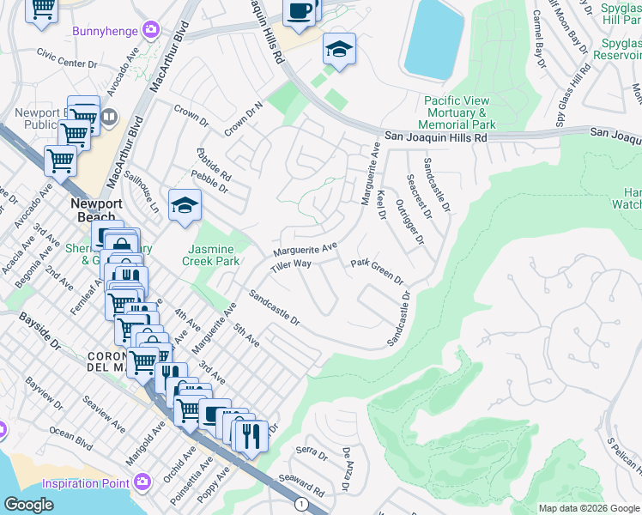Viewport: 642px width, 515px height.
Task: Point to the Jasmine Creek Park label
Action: pyautogui.click(x=214, y=254)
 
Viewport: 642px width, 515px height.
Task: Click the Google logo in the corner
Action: pyautogui.click(x=28, y=505)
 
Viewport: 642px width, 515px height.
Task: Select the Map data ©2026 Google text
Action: pyautogui.click(x=588, y=508)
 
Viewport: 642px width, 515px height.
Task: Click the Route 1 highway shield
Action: pyautogui.click(x=300, y=503)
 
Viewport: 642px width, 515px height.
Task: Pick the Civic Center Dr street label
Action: pyautogui.click(x=65, y=63)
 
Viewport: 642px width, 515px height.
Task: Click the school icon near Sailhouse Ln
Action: pyautogui.click(x=184, y=204)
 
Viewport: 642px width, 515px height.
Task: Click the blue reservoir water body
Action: pyautogui.click(x=433, y=39)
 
